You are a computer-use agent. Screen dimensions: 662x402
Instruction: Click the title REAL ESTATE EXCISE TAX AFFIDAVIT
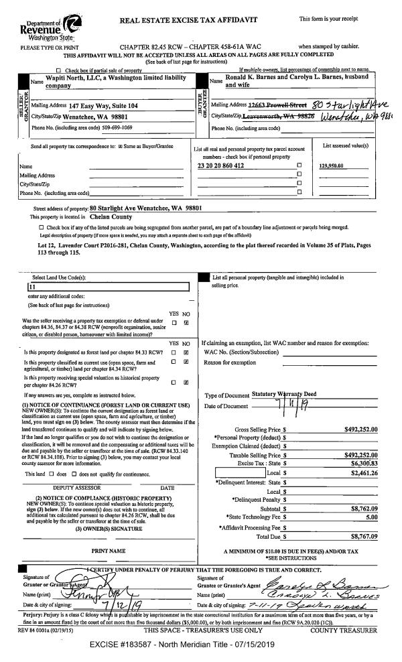coord(188,20)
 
